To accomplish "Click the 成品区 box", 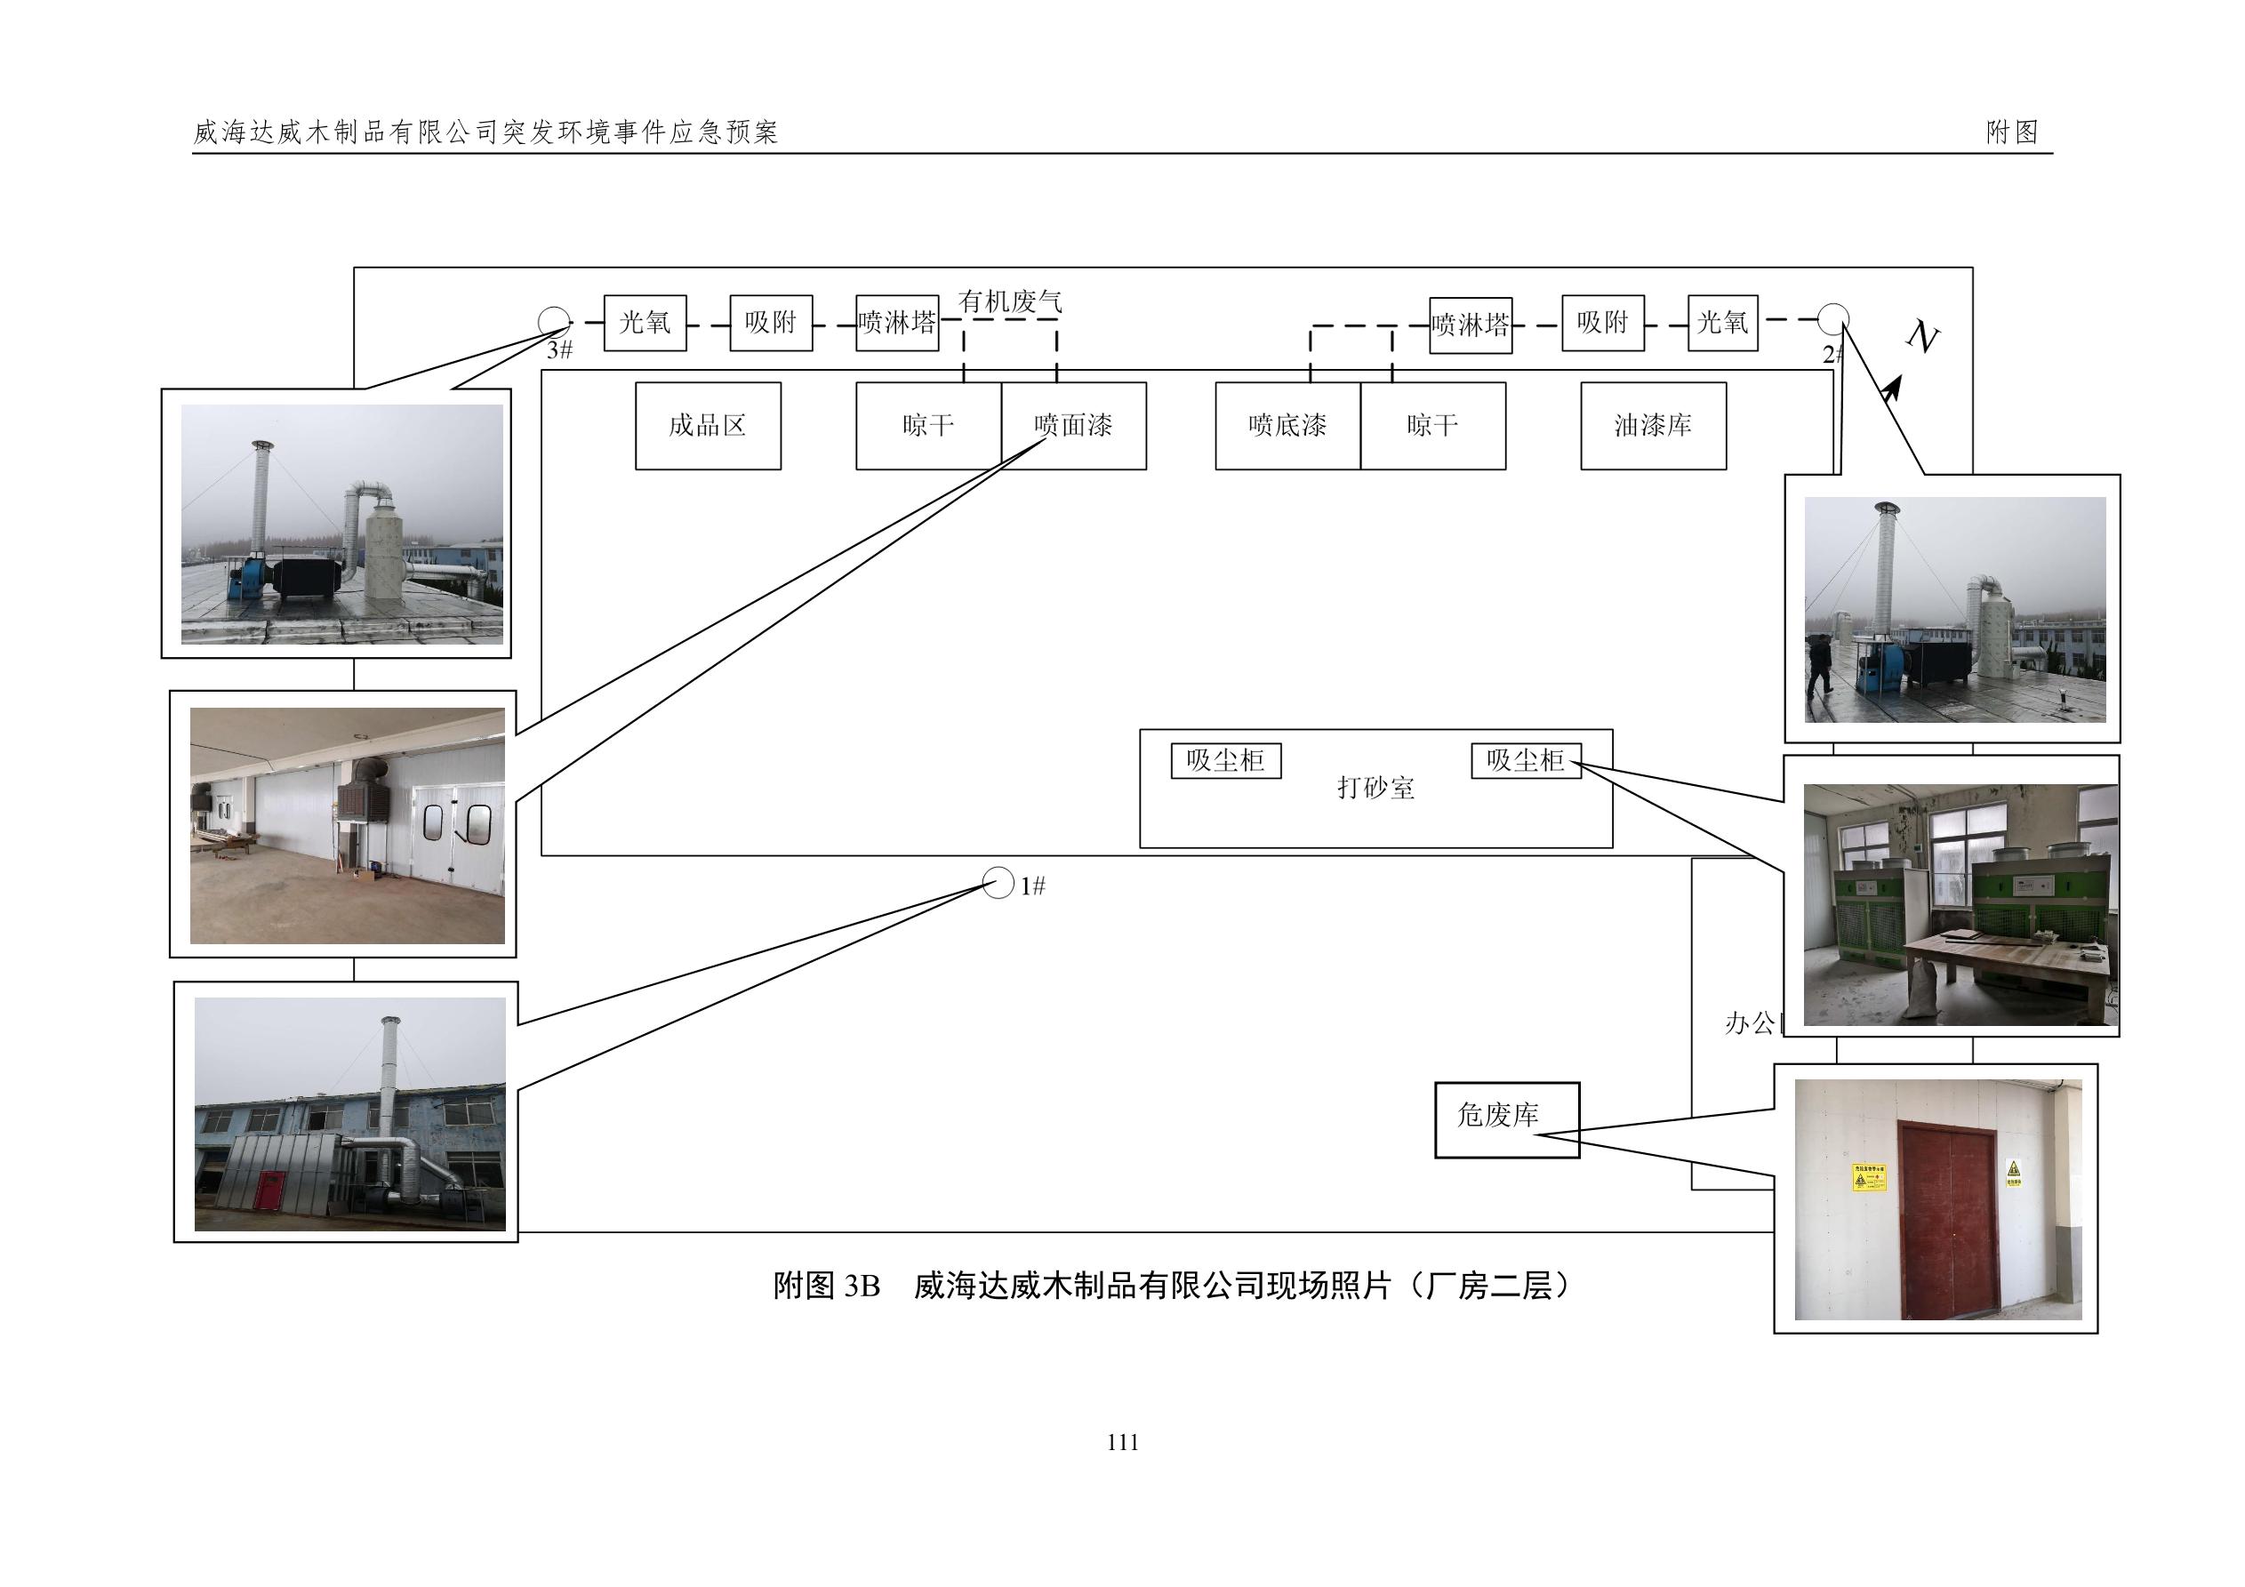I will click(x=708, y=425).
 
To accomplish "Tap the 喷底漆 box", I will click(x=1287, y=425).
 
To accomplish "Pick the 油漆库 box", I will click(x=1653, y=425).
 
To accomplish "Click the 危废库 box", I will click(x=1506, y=1119).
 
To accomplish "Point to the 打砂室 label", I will click(x=1375, y=787).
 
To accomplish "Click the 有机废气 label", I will click(x=1009, y=301).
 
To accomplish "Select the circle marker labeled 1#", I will click(x=998, y=883).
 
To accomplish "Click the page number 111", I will click(x=1122, y=1442).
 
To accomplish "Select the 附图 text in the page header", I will click(x=2011, y=132).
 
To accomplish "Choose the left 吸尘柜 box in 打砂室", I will click(x=1225, y=761).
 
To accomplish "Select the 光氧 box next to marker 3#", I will click(x=645, y=323).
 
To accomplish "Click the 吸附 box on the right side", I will click(x=1601, y=323).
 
